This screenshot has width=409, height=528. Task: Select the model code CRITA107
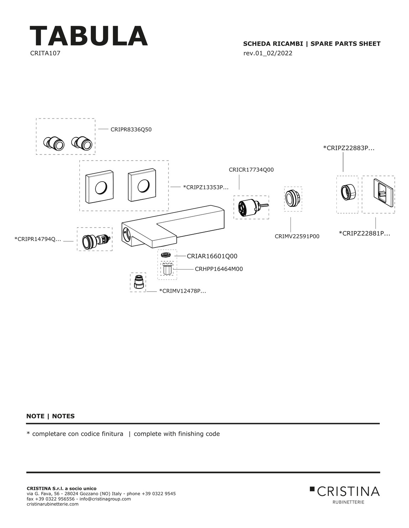45,53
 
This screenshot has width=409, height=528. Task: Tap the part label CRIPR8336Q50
131,130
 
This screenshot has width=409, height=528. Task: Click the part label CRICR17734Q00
251,170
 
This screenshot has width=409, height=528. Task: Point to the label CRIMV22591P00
297,236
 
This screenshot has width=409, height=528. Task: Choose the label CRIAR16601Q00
212,256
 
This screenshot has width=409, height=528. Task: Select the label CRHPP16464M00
219,269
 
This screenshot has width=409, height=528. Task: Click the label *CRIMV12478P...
182,291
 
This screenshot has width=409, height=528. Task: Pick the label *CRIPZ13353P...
206,187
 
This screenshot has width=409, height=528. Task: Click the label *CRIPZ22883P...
348,148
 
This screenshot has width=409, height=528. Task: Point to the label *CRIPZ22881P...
364,234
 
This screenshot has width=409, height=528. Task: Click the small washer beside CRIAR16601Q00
166,255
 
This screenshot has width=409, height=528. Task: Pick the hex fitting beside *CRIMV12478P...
138,282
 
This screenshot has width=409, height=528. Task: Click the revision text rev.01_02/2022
268,53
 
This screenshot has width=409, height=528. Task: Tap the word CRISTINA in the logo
348,492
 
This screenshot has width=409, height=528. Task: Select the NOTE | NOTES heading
51,416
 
